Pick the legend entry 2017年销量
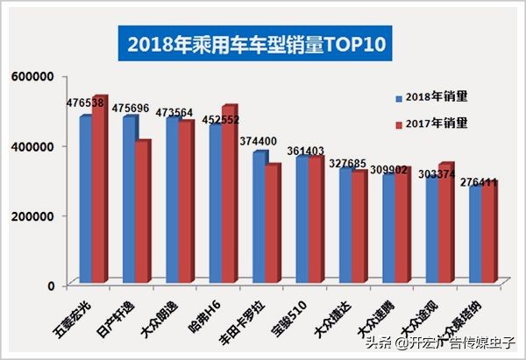(x=438, y=123)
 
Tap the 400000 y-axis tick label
(x=34, y=146)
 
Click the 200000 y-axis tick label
(x=34, y=215)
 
